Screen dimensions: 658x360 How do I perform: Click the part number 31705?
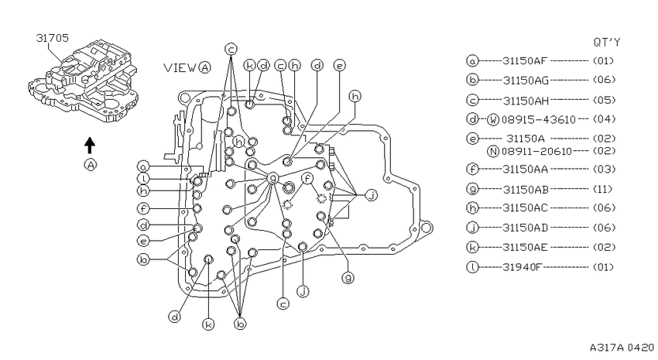(52, 38)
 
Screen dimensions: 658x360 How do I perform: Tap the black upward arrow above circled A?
(89, 146)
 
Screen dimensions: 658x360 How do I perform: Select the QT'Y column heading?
(606, 42)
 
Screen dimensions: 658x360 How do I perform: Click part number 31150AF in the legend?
(525, 61)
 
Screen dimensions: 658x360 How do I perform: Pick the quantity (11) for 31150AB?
(602, 189)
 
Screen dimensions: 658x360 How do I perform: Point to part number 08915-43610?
(539, 119)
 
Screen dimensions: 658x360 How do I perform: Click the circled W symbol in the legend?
(493, 119)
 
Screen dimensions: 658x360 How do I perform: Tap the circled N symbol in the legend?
(493, 151)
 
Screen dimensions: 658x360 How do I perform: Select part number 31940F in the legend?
(523, 267)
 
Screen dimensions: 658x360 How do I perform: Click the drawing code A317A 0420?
(622, 348)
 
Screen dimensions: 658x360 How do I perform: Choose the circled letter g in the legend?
(472, 189)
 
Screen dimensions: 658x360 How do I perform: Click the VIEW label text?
(180, 67)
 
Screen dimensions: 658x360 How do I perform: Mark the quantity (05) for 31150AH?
(604, 101)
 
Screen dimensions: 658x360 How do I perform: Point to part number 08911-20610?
(536, 151)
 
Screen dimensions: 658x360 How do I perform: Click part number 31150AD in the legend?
(526, 228)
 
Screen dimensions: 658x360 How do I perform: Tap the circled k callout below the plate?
(208, 324)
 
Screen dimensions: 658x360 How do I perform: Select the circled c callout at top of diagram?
(231, 49)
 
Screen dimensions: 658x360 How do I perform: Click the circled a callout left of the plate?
(143, 166)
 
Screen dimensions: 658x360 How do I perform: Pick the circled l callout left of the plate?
(143, 178)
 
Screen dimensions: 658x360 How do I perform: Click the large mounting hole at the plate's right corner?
(426, 228)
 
